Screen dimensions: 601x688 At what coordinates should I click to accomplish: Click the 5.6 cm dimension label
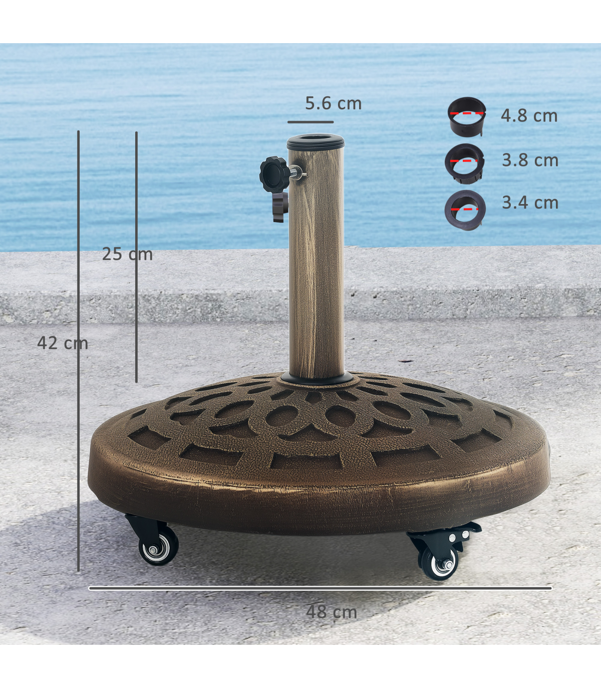[x=333, y=103]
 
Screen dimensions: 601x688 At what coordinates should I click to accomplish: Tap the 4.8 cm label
[x=529, y=116]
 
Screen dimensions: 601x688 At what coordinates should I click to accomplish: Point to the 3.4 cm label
[x=530, y=203]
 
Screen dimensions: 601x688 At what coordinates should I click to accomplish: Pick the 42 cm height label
[x=63, y=343]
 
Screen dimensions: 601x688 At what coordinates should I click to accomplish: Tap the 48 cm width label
[x=332, y=612]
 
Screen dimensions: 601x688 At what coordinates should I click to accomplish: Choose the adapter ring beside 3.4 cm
[x=465, y=210]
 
